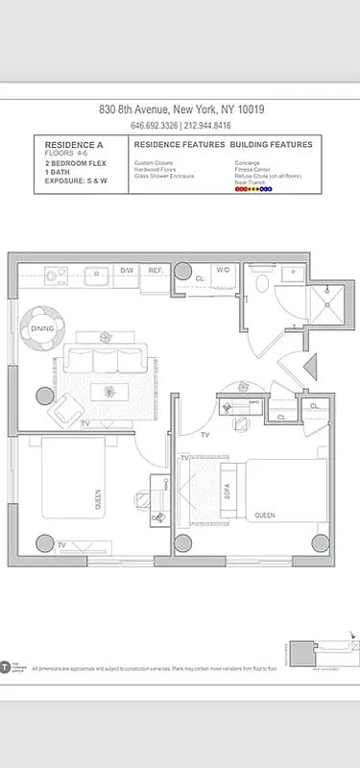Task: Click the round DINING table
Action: click(x=42, y=327)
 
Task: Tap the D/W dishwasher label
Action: click(x=127, y=271)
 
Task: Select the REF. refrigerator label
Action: click(x=156, y=271)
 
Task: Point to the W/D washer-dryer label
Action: click(x=223, y=271)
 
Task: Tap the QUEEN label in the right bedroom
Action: click(x=265, y=516)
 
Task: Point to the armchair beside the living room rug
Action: click(x=67, y=410)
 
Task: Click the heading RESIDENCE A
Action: click(x=73, y=144)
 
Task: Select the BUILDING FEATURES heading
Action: click(x=271, y=144)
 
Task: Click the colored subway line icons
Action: click(x=253, y=189)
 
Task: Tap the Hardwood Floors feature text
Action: click(x=156, y=170)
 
